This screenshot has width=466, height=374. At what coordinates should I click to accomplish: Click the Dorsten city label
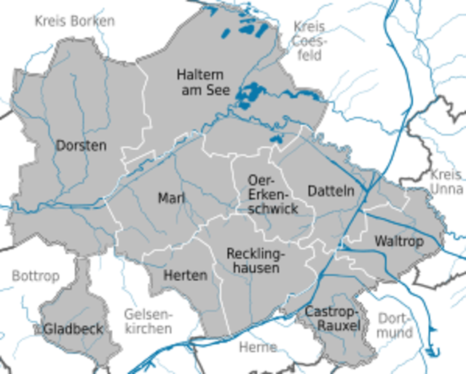point(81,146)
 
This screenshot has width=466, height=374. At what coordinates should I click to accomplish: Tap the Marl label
point(172,198)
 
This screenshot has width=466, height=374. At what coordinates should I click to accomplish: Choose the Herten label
point(185,276)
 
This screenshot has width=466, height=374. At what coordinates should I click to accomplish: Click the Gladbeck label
point(73,329)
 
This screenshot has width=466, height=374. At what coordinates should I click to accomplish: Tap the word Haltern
point(200,74)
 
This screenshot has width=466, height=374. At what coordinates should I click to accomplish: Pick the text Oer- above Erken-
point(260,180)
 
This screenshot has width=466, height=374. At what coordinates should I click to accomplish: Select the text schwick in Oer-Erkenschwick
point(273,209)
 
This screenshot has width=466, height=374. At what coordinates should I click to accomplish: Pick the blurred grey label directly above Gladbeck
point(36,277)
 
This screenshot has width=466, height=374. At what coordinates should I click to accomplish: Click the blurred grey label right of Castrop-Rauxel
point(395,323)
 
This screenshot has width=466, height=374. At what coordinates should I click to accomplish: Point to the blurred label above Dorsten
point(75,21)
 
